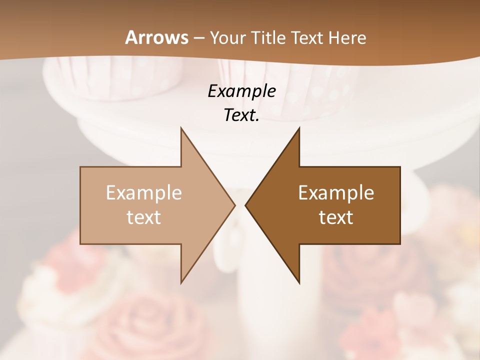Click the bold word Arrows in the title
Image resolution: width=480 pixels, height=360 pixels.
(157, 37)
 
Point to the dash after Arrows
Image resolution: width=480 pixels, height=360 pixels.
(199, 38)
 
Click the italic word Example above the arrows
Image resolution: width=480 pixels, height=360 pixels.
(241, 91)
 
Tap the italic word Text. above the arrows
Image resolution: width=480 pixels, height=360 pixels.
(241, 115)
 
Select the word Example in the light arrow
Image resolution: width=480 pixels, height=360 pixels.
(144, 192)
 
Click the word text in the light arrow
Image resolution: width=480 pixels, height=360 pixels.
(144, 217)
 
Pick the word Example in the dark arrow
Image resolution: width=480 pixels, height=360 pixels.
(336, 192)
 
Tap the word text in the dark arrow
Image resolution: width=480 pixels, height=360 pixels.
(336, 217)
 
